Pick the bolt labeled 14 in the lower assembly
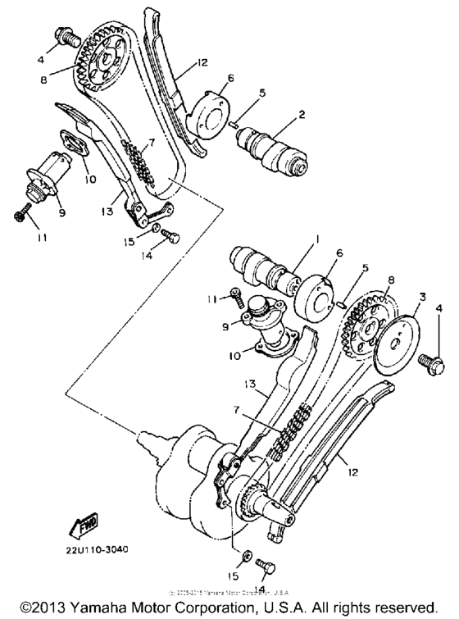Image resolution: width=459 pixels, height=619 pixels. coord(264,565)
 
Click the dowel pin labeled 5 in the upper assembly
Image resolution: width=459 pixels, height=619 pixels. coord(234,124)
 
